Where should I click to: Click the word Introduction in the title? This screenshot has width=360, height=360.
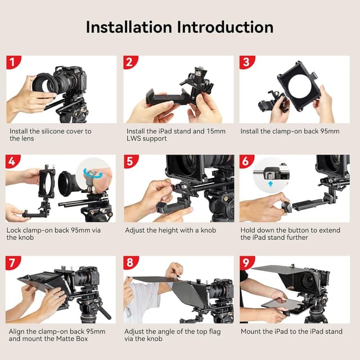tap(227, 27)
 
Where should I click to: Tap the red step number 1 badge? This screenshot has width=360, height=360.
tap(13, 62)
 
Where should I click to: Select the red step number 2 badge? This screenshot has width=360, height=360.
tap(130, 62)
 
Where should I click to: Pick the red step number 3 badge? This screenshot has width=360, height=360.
tap(246, 62)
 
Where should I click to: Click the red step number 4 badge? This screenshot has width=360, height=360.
tap(13, 162)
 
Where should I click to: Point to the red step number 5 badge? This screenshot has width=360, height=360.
tap(130, 162)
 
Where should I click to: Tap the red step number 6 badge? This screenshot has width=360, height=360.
tap(246, 162)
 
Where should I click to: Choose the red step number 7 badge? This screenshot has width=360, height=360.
tap(13, 263)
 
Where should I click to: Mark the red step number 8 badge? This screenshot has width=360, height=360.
tap(130, 263)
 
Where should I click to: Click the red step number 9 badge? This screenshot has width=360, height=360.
tap(246, 263)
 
